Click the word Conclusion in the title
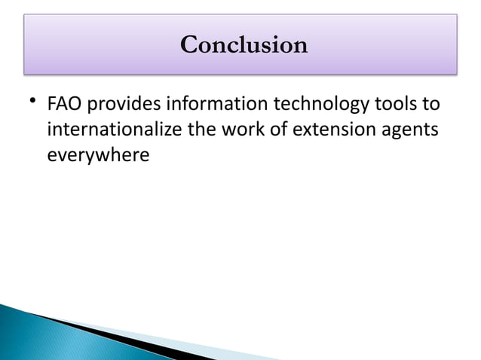click(244, 44)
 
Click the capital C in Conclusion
click(190, 44)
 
